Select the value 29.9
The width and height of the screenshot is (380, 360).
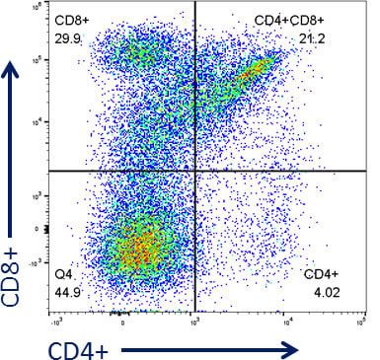[69, 38]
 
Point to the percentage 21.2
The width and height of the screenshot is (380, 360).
[312, 38]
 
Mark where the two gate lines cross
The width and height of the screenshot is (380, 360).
[195, 171]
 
